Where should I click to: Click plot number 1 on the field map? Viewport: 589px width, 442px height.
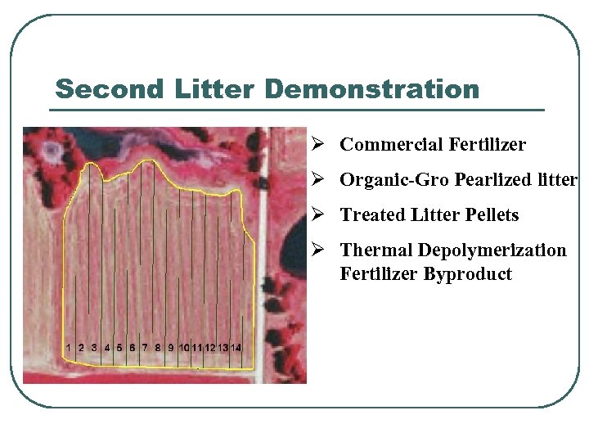click(69, 348)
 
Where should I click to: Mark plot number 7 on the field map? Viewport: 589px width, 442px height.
click(145, 348)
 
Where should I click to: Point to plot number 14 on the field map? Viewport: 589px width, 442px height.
click(236, 348)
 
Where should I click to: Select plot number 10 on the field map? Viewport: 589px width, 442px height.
click(184, 348)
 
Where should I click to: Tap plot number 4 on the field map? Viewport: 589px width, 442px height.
click(107, 348)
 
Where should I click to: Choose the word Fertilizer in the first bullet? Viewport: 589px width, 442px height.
click(488, 145)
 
